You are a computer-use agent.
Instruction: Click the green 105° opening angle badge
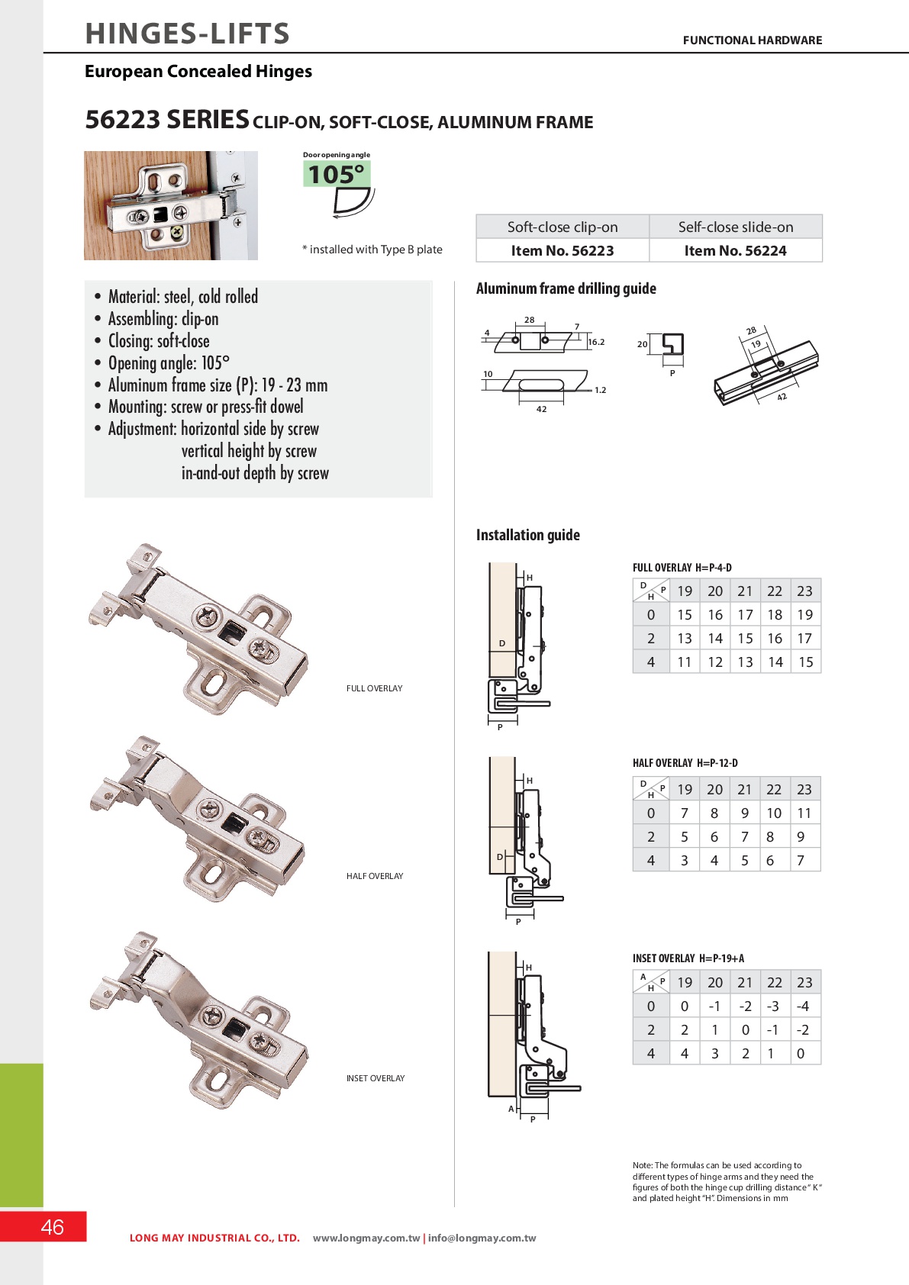coord(337,175)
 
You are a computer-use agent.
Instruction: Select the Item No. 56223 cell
coord(562,251)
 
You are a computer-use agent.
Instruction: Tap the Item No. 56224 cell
coord(735,251)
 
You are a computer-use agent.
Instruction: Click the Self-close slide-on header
coord(735,227)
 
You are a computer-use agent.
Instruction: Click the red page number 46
coord(52,1227)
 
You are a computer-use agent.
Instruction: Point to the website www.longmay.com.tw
coord(366,1238)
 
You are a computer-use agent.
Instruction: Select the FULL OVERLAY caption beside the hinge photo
coord(374,688)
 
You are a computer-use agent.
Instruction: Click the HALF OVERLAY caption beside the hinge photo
coord(375,876)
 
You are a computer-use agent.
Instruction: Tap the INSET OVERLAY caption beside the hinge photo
coord(376,1078)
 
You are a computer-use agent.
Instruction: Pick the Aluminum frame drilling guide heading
coord(566,288)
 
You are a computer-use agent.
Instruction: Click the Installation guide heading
coord(527,535)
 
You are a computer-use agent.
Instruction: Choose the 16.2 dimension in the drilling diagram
coord(596,342)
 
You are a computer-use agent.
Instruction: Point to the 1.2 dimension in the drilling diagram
coord(601,390)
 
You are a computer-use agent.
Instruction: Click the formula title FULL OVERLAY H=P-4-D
coord(682,568)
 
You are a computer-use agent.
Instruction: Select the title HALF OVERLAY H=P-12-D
coord(685,763)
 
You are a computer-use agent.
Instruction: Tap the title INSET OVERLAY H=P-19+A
coord(688,958)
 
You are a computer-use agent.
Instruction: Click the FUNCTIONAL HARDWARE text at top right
coord(752,40)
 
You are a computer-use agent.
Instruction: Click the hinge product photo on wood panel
coord(170,205)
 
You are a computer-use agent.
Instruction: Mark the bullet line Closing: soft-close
coord(158,341)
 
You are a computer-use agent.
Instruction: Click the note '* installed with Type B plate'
coord(372,250)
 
